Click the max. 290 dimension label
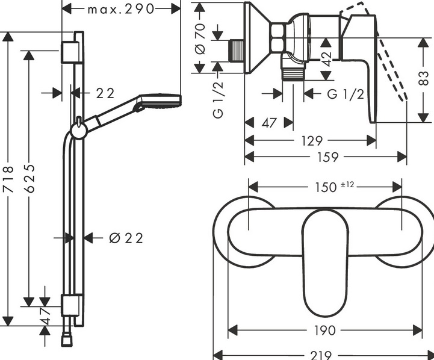[120, 9]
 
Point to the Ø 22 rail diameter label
[127, 238]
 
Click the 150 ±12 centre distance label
[329, 187]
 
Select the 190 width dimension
[325, 330]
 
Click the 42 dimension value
[326, 58]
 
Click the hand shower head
[159, 101]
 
